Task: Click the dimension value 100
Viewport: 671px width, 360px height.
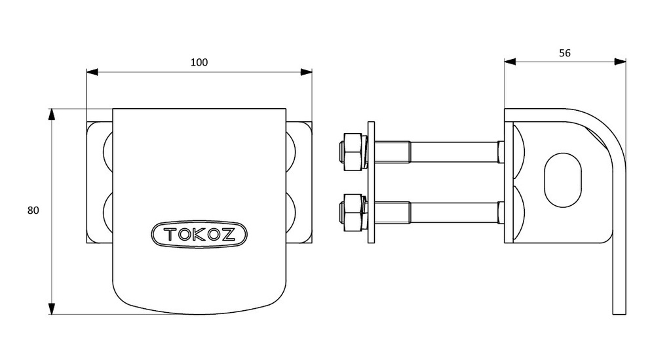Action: [x=199, y=62]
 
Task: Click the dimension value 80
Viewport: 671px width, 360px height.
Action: [x=33, y=210]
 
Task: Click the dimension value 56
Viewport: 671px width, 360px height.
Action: [x=565, y=53]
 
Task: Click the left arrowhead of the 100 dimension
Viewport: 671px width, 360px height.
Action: [x=92, y=71]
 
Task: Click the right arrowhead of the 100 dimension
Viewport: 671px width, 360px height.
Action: [x=306, y=71]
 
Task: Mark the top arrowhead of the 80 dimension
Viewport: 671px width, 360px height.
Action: [x=52, y=115]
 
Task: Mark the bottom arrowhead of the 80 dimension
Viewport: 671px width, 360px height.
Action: [x=52, y=308]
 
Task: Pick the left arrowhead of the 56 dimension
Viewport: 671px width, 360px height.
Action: [x=510, y=62]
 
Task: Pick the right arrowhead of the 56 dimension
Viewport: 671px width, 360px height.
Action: [x=620, y=62]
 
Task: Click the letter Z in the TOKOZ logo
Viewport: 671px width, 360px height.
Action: [x=229, y=234]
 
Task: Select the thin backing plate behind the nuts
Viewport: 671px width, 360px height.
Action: [x=372, y=182]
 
